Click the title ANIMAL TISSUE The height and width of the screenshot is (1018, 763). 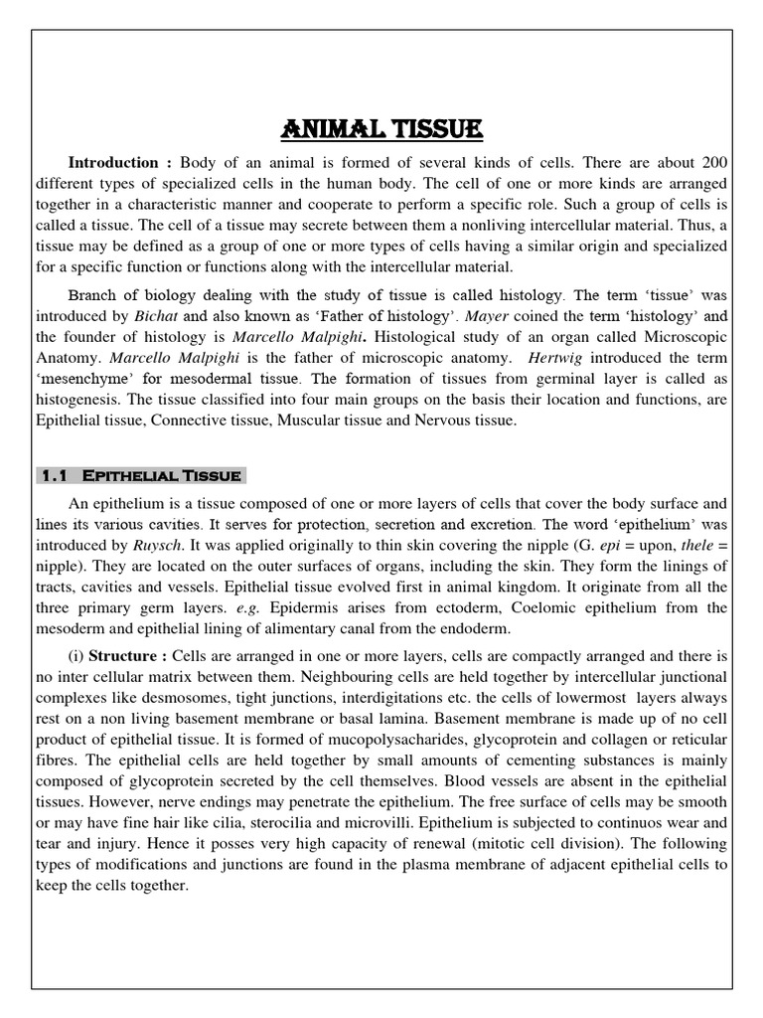point(381,129)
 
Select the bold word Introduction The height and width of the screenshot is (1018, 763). point(112,162)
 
